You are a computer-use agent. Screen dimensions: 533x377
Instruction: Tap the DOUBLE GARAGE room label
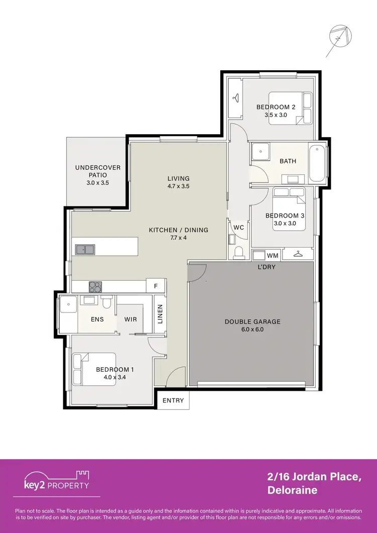click(x=252, y=322)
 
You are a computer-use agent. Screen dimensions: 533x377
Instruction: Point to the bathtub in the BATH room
click(x=317, y=163)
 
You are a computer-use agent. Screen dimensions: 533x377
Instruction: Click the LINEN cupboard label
click(x=160, y=315)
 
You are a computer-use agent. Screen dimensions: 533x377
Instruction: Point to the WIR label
click(x=130, y=319)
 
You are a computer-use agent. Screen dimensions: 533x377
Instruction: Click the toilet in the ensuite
click(x=106, y=303)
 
